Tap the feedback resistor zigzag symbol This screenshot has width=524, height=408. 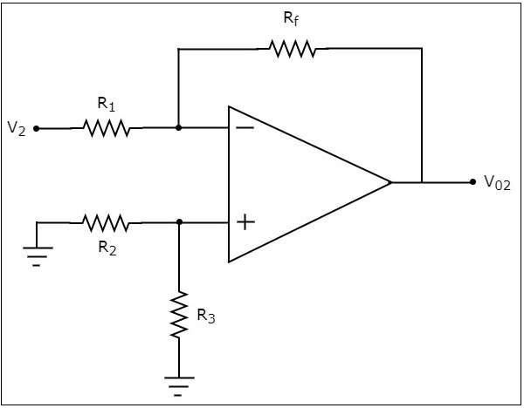pyautogui.click(x=293, y=49)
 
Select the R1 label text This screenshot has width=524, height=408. pyautogui.click(x=107, y=105)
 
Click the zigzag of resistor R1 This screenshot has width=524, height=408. pyautogui.click(x=107, y=128)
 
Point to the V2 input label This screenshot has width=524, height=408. pyautogui.click(x=16, y=128)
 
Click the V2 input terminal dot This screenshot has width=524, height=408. pyautogui.click(x=36, y=128)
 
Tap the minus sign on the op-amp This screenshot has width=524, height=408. pyautogui.click(x=245, y=128)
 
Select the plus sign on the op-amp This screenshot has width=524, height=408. pyautogui.click(x=245, y=222)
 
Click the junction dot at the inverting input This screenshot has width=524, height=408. pyautogui.click(x=178, y=128)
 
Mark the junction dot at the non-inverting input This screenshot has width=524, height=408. pyautogui.click(x=179, y=222)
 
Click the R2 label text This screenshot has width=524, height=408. pyautogui.click(x=107, y=246)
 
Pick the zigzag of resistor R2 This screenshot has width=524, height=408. pyautogui.click(x=106, y=222)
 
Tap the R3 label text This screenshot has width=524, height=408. pyautogui.click(x=206, y=316)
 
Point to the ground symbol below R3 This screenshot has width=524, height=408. pyautogui.click(x=179, y=384)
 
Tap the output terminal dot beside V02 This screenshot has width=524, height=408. pyautogui.click(x=472, y=182)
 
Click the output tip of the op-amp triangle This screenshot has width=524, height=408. pyautogui.click(x=390, y=182)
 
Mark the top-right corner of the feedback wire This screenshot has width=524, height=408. pyautogui.click(x=422, y=49)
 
